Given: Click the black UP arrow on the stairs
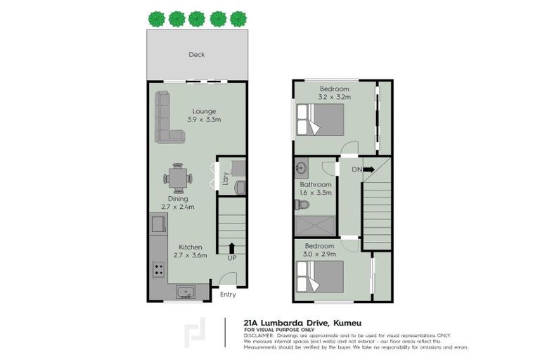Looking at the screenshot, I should pos(231,247).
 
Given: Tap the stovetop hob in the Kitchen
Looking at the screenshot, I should pos(156,269).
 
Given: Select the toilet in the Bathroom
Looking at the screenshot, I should pos(302,205).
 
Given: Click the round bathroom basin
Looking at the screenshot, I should pos(302,169).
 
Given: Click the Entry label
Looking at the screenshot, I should pos(228,295).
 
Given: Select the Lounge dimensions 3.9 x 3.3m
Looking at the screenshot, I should pos(204,120).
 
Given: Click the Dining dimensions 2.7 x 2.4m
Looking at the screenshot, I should pos(177,207).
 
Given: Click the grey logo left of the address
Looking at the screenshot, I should pos(192,333).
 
